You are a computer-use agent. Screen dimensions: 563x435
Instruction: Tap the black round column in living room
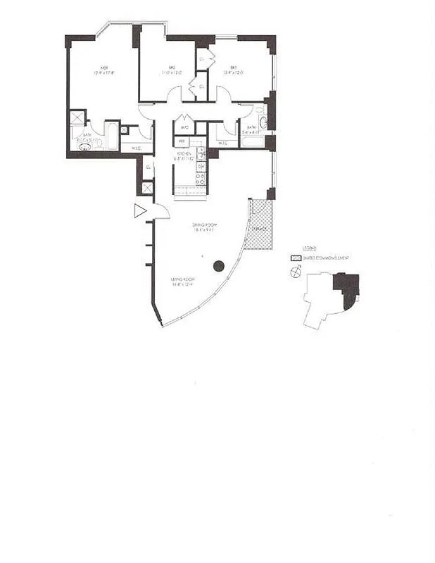(x=218, y=265)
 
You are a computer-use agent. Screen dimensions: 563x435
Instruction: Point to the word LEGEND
(x=309, y=249)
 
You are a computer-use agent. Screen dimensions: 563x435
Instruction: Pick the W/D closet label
(x=184, y=128)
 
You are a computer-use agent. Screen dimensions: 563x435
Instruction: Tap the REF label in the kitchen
(x=179, y=141)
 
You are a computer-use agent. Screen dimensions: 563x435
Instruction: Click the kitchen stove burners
(x=201, y=178)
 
